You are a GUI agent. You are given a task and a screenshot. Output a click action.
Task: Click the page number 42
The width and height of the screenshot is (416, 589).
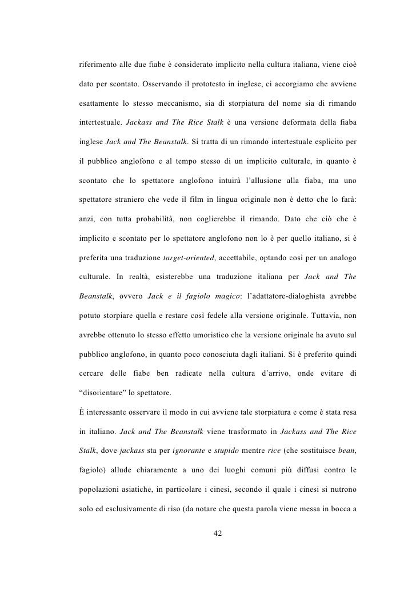tap(217, 533)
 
